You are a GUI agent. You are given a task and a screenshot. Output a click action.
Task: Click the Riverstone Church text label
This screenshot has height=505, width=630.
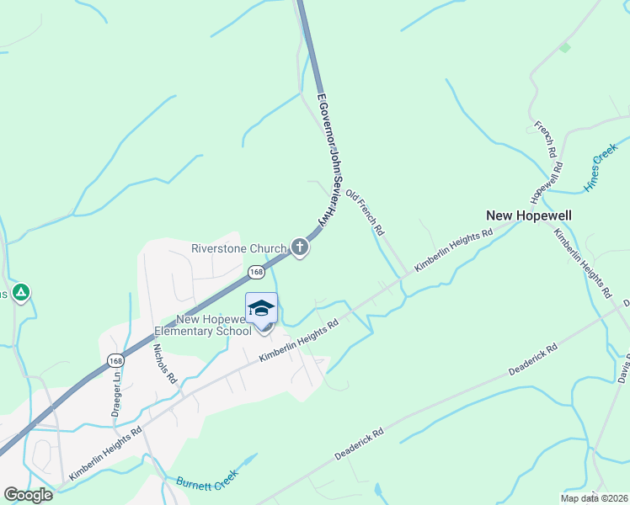239,248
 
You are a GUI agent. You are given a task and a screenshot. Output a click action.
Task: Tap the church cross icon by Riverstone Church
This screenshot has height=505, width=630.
299,247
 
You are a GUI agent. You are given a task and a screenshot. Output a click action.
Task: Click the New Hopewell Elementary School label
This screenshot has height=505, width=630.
214,325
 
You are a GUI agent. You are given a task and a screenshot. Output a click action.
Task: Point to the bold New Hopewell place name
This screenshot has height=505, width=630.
529,215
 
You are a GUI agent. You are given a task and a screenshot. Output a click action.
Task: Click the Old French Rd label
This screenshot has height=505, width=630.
366,213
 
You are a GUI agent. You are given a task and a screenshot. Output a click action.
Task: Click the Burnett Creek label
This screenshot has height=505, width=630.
208,483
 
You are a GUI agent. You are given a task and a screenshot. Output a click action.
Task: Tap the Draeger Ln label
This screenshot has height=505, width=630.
116,395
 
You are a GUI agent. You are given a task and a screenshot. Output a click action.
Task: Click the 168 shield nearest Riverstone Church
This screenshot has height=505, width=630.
257,273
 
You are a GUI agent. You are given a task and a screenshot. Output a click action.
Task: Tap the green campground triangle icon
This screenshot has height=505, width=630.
22,293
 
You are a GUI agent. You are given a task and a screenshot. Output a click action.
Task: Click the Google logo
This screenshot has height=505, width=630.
29,495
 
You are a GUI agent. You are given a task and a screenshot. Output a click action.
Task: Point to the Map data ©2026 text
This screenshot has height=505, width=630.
593,498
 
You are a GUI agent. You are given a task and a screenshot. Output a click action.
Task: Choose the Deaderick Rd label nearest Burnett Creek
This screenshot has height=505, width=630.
358,444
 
